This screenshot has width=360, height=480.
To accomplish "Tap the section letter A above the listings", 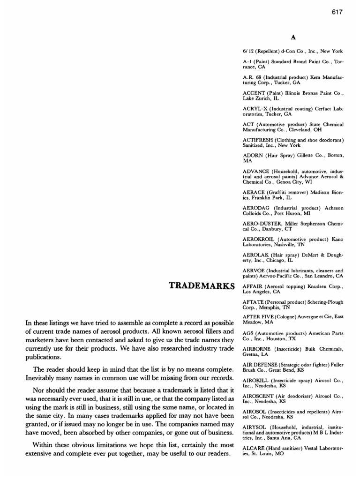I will tap(293, 36).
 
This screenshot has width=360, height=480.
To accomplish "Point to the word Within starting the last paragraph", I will tap(43, 445).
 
